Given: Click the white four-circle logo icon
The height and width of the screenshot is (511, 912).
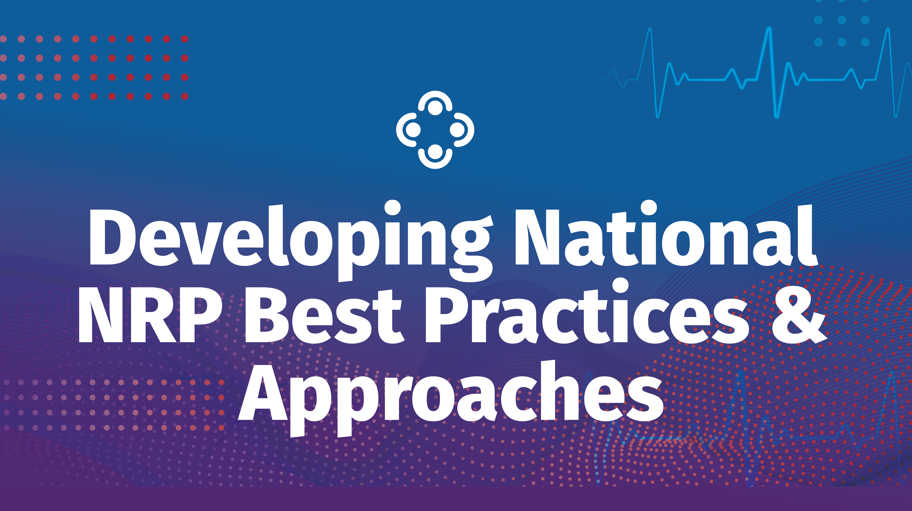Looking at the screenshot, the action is tap(435, 130).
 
